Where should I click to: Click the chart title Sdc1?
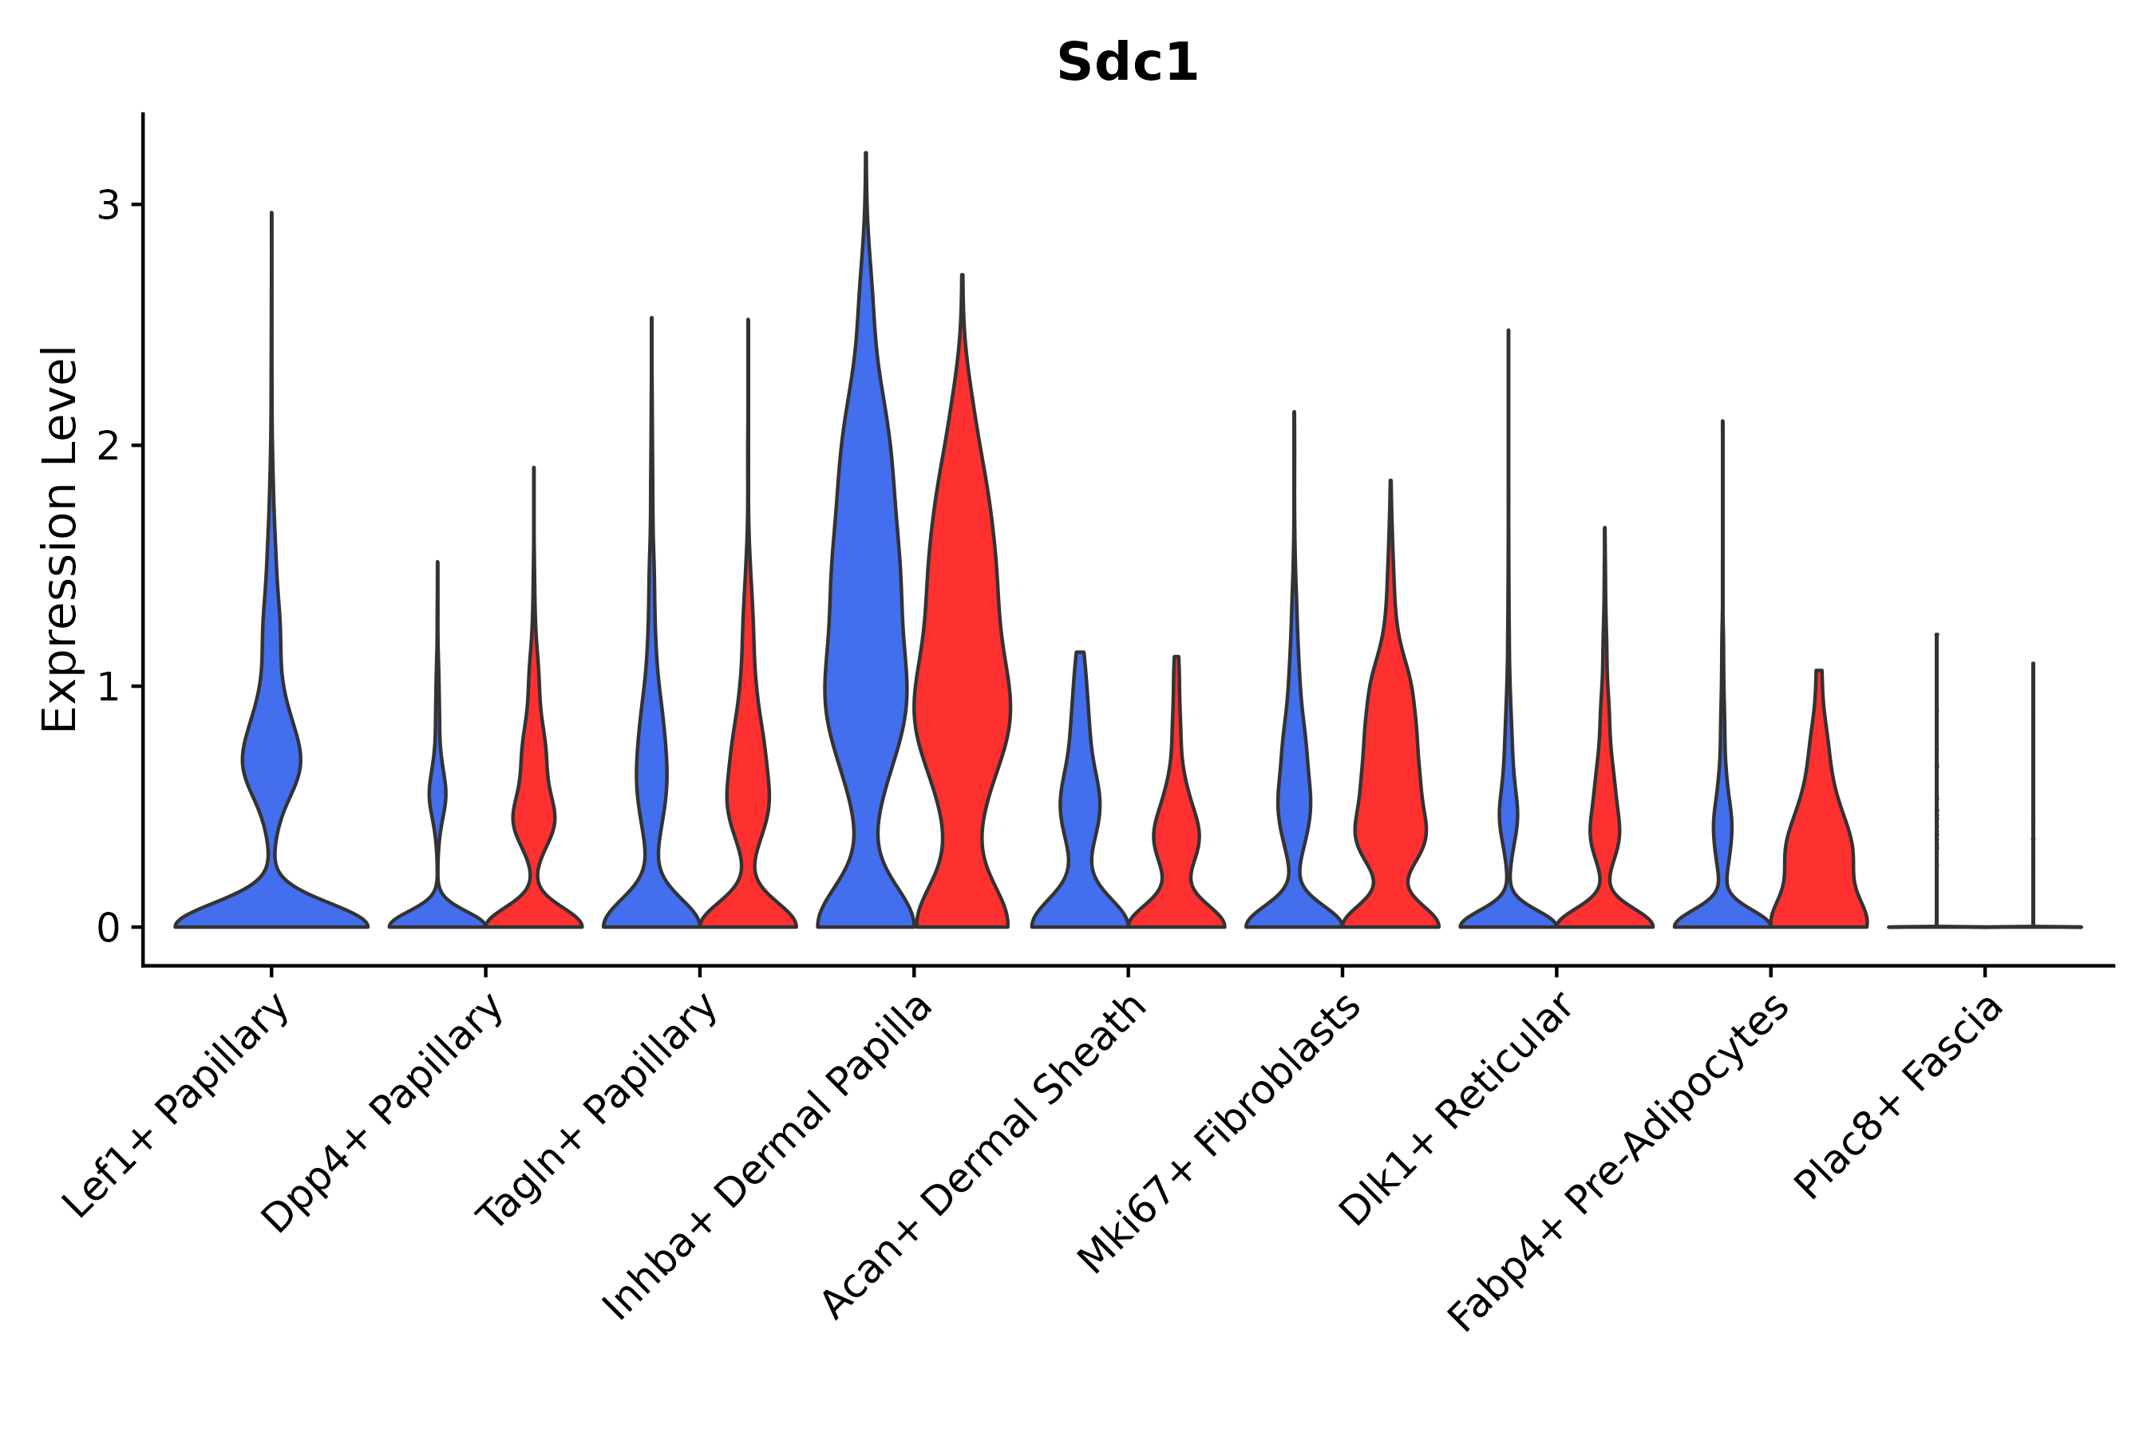pyautogui.click(x=1127, y=63)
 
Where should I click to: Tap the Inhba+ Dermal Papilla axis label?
pyautogui.click(x=769, y=1158)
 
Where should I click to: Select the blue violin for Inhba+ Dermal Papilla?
pyautogui.click(x=865, y=641)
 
